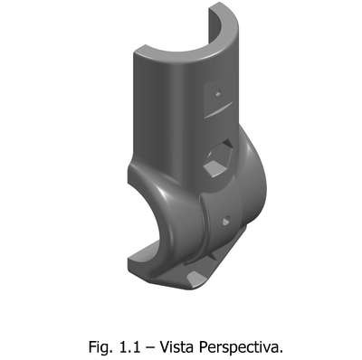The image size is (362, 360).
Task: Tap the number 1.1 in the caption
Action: (x=130, y=346)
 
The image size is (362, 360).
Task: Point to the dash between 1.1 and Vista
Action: (x=150, y=348)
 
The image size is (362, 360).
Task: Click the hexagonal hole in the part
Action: (x=218, y=159)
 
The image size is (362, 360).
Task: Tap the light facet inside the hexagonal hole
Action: (x=214, y=167)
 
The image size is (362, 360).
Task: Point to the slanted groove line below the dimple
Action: (x=218, y=109)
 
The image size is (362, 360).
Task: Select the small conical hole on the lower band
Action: (x=225, y=221)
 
